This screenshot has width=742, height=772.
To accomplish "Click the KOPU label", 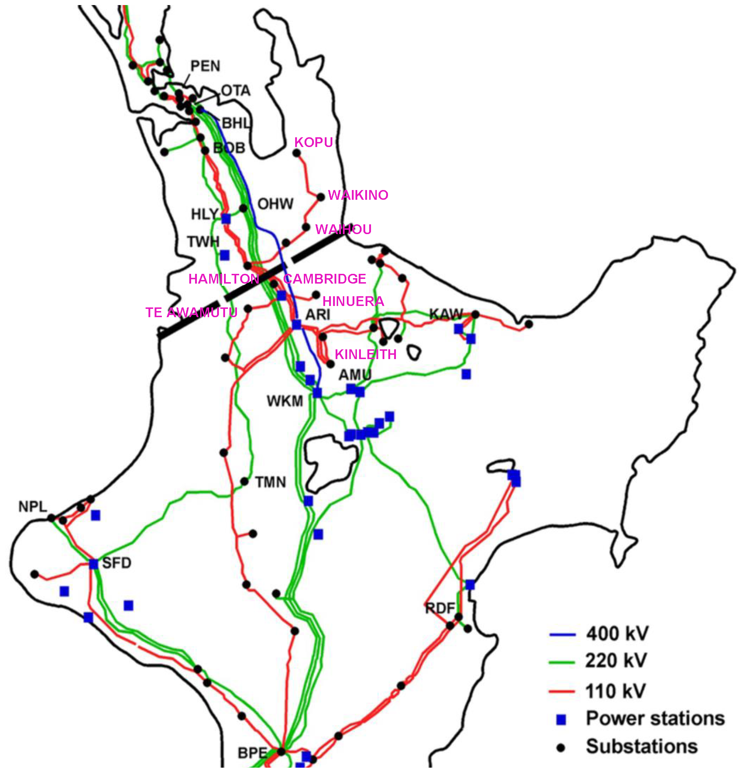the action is (x=314, y=142).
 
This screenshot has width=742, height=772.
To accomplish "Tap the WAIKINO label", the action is (x=358, y=195).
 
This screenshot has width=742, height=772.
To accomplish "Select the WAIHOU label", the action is (x=344, y=229).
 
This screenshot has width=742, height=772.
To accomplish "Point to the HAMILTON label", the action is (x=224, y=279).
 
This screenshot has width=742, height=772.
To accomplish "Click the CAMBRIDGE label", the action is (x=324, y=279).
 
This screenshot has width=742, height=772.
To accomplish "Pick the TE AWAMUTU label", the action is (x=191, y=312).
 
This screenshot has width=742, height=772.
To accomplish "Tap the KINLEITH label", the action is (x=366, y=354).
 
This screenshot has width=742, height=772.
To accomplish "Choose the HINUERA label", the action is (x=353, y=301).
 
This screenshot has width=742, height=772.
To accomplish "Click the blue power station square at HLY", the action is (x=226, y=219).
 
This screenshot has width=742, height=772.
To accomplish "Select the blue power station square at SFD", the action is (x=93, y=564).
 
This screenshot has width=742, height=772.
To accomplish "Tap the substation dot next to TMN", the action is (x=245, y=482).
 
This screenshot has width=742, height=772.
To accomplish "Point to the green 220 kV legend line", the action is (x=562, y=663).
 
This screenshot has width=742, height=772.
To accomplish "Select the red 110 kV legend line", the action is (x=562, y=691).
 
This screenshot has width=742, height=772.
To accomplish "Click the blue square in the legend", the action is (x=561, y=720).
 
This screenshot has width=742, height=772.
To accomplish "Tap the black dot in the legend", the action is (x=561, y=747).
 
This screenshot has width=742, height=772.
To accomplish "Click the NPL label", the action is (x=33, y=507).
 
